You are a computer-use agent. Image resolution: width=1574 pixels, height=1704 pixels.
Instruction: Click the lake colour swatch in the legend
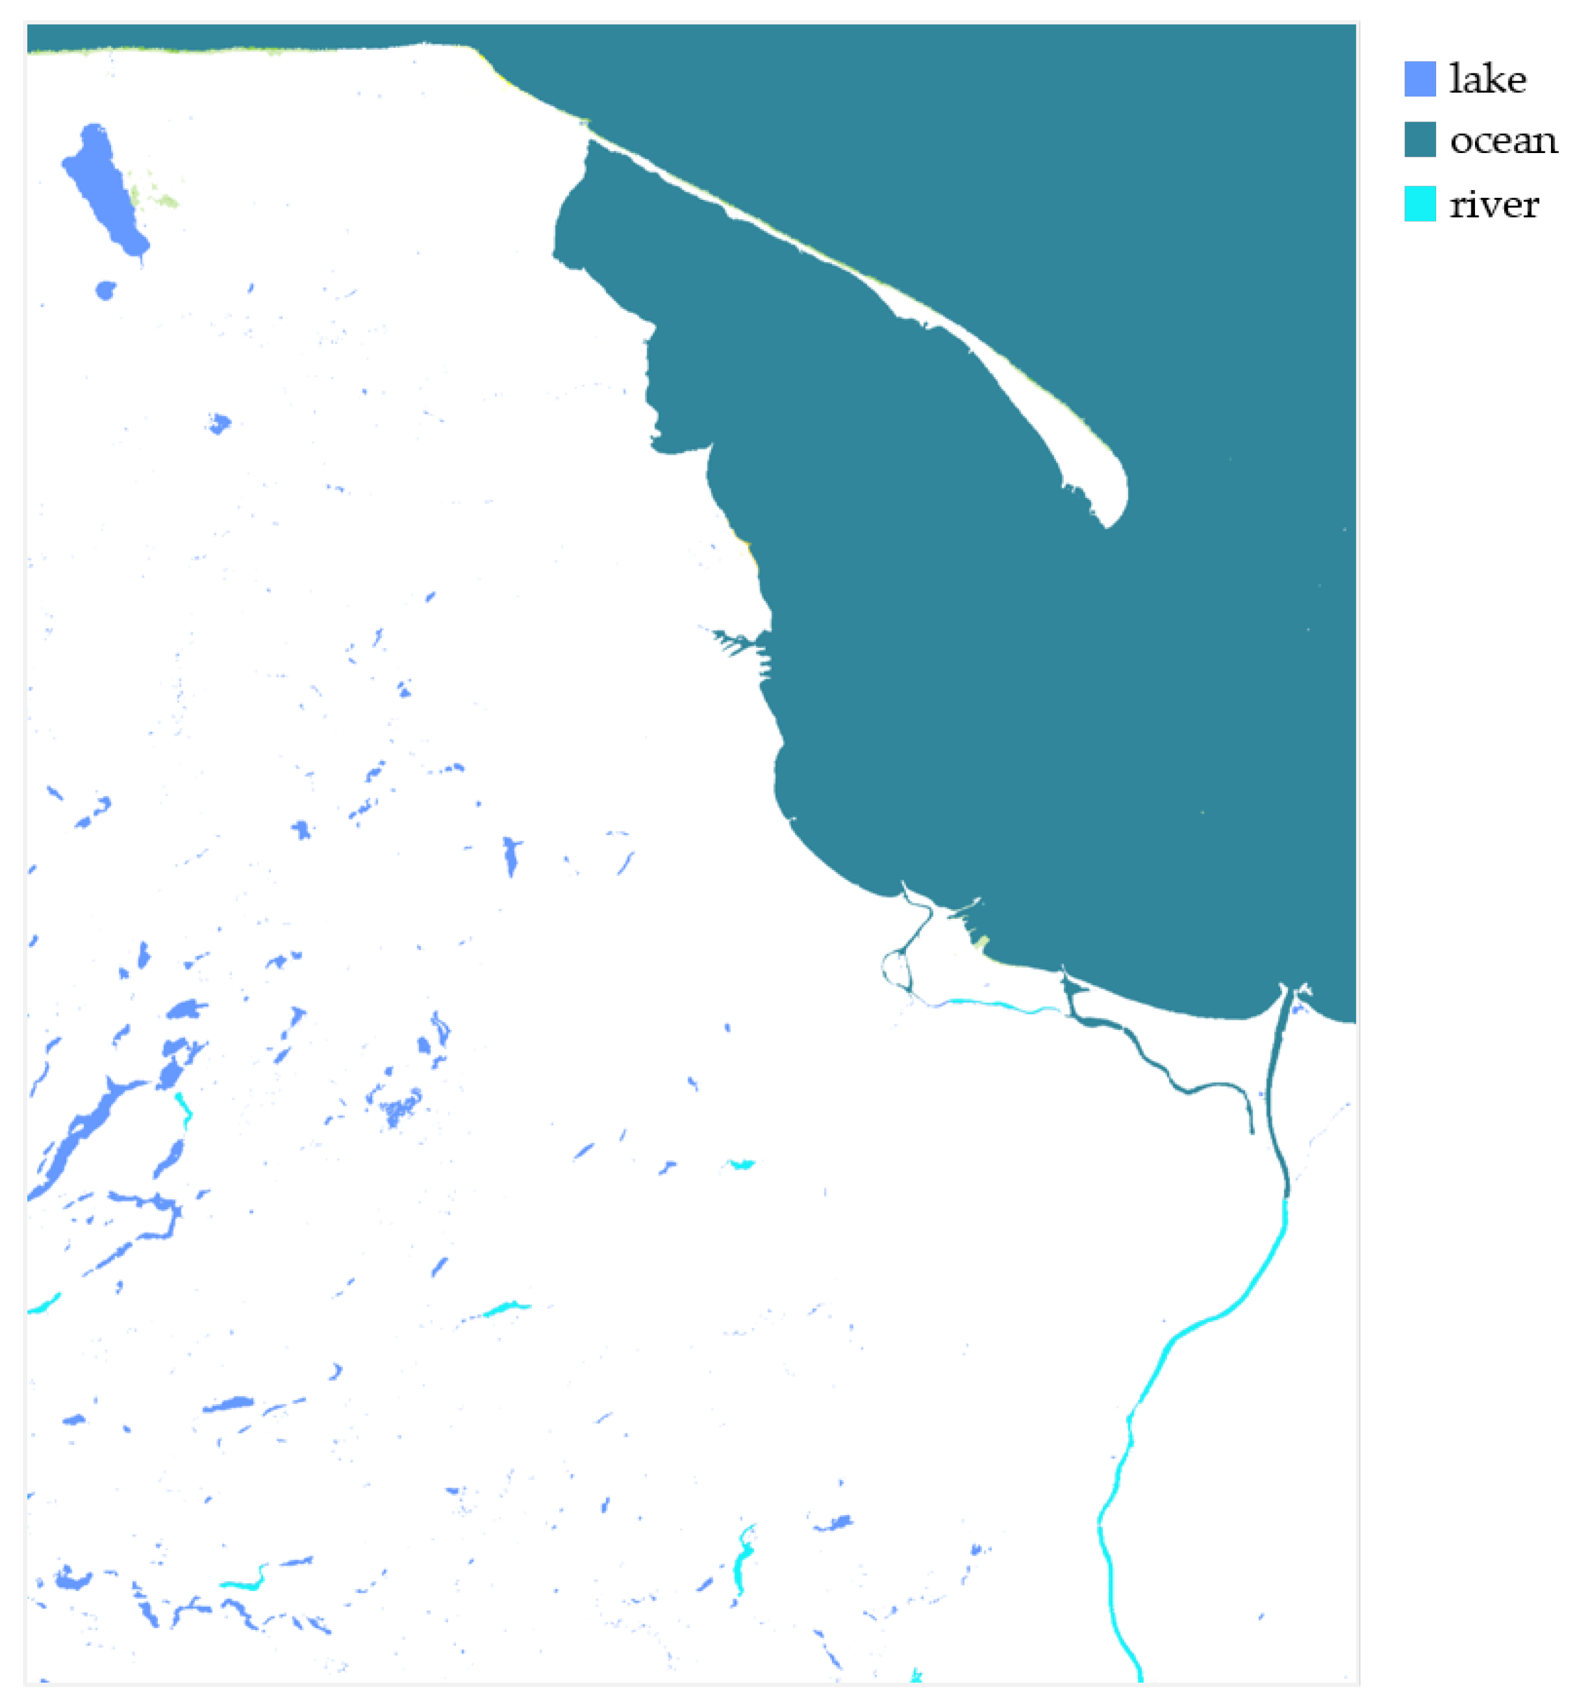[x=1419, y=79]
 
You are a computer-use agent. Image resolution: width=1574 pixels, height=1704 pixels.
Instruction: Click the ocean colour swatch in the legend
[x=1419, y=140]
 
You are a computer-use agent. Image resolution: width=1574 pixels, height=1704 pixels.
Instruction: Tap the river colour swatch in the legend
[x=1419, y=203]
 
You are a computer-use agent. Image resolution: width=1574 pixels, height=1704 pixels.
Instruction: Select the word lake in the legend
[x=1487, y=79]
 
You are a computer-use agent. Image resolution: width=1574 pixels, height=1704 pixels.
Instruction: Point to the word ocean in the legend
[x=1502, y=140]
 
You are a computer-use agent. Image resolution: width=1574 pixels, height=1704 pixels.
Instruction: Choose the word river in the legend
[x=1494, y=205]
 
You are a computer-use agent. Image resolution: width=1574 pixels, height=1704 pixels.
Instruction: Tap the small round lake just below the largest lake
[x=105, y=290]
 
